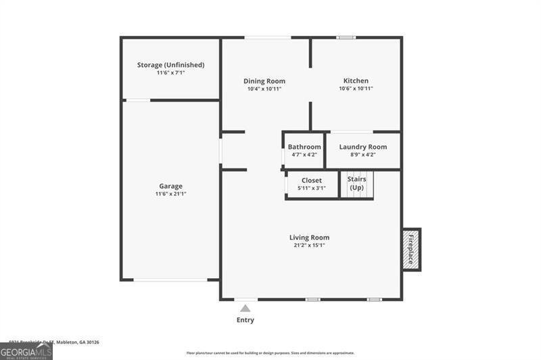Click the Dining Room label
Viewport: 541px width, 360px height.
pyautogui.click(x=264, y=81)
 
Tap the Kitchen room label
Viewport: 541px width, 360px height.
pyautogui.click(x=356, y=81)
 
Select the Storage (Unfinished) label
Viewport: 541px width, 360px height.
pyautogui.click(x=170, y=65)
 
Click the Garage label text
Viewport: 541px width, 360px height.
pyautogui.click(x=170, y=186)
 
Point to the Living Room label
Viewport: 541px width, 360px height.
pyautogui.click(x=309, y=238)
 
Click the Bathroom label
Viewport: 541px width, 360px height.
pyautogui.click(x=304, y=147)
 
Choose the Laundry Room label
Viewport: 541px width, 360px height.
pyautogui.click(x=363, y=147)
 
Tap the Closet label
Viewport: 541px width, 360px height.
pyautogui.click(x=312, y=181)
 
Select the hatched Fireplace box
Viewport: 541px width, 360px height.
pyautogui.click(x=411, y=250)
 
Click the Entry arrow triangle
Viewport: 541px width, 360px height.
pyautogui.click(x=245, y=309)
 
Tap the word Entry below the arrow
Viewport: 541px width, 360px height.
pyautogui.click(x=245, y=320)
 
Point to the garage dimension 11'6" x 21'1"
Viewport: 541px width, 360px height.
pyautogui.click(x=170, y=194)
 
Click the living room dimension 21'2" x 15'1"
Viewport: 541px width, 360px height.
pyautogui.click(x=309, y=246)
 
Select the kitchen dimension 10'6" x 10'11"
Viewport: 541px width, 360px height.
pyautogui.click(x=356, y=89)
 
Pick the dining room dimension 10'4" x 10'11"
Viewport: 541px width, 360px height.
pyautogui.click(x=264, y=89)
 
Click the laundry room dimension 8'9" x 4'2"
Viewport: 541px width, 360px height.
pyautogui.click(x=363, y=154)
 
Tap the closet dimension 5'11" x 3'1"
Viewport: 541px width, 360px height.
pyautogui.click(x=312, y=188)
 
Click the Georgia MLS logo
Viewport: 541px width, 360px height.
pyautogui.click(x=26, y=351)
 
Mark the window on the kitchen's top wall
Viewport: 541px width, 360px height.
pyautogui.click(x=346, y=37)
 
